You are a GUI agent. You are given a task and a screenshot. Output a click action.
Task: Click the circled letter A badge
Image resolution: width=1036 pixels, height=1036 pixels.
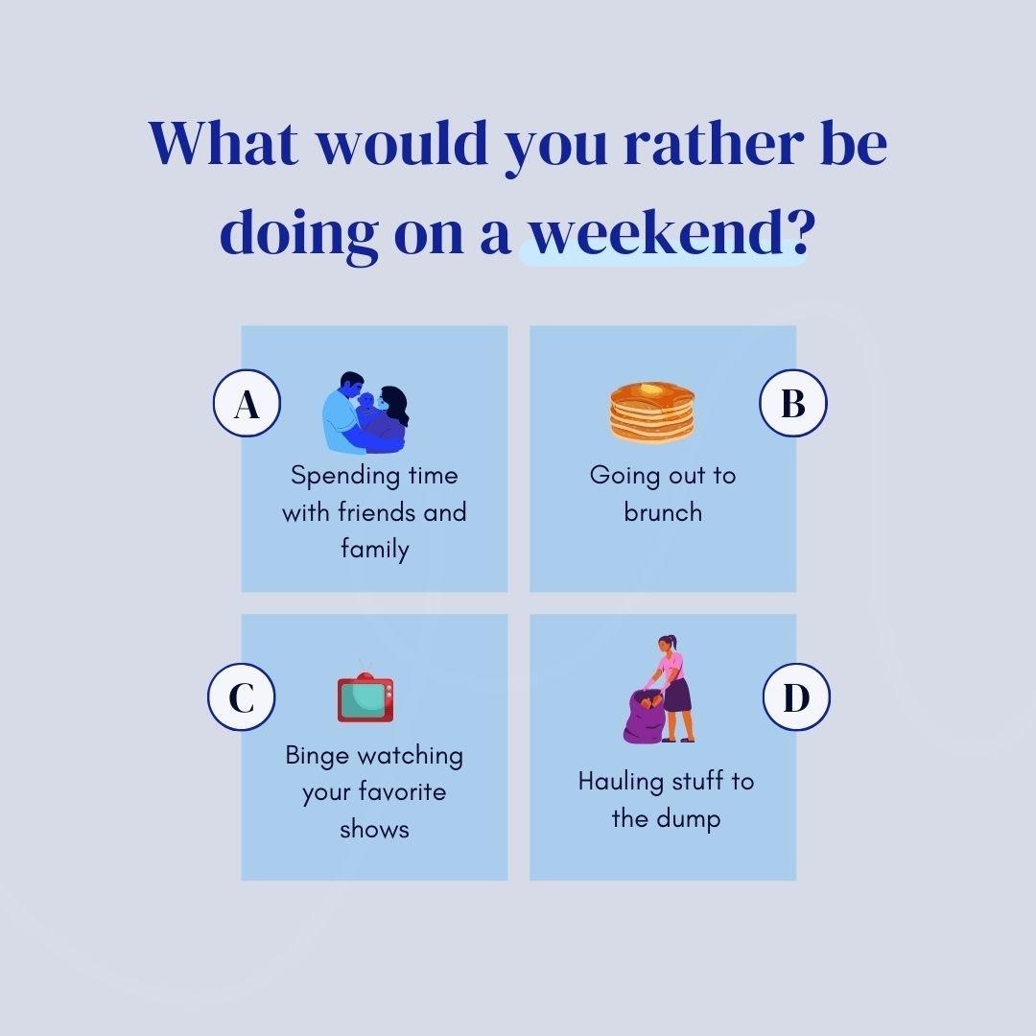pos(247,403)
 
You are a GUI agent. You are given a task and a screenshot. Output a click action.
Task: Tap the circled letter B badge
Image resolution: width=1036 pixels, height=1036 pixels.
pos(793,403)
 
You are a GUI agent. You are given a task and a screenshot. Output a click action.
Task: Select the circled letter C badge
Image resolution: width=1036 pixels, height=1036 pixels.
pos(241,697)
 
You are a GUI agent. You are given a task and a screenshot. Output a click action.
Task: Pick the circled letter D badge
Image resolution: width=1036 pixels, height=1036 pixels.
pos(796,697)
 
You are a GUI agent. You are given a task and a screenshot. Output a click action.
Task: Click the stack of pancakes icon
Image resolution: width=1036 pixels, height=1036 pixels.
pos(652,412)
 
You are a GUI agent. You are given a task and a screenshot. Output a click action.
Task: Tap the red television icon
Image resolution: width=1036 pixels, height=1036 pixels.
pos(365,697)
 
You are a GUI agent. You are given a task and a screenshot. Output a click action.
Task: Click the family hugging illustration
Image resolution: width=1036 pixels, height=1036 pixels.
pos(365,412)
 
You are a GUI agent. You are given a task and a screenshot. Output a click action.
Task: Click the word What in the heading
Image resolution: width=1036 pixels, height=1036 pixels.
pos(224,143)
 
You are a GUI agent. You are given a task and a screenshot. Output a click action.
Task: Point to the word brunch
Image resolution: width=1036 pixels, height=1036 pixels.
pos(663,512)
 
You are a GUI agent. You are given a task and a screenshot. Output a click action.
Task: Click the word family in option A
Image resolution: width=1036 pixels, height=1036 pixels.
pos(375,549)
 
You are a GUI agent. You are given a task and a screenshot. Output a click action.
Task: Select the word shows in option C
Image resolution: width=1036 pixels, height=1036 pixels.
pos(375,829)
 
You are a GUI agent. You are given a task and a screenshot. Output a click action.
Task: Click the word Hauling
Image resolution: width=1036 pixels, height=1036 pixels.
pos(621,783)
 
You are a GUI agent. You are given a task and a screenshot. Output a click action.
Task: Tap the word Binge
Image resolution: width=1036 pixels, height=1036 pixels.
pos(318,756)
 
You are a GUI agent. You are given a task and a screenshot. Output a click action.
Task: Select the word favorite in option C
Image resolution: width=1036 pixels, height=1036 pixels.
pos(403,791)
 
